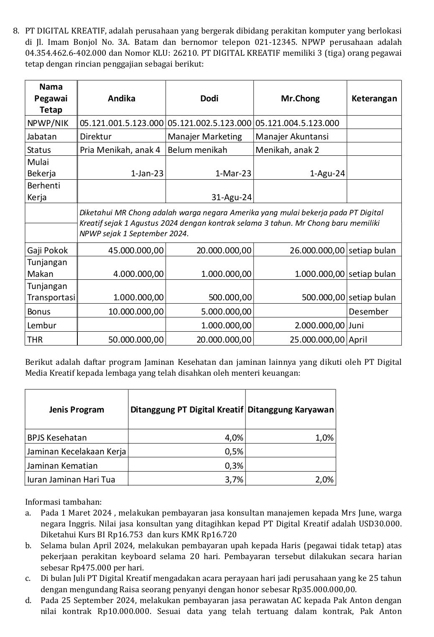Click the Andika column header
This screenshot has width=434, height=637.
(121, 98)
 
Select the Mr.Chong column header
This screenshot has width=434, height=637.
(300, 98)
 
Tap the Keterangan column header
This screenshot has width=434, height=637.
(374, 98)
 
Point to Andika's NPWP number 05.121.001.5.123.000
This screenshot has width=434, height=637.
(121, 123)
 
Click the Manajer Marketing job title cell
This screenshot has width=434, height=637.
(204, 137)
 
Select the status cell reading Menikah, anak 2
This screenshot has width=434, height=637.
(287, 150)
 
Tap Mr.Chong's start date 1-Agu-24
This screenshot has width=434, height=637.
(327, 173)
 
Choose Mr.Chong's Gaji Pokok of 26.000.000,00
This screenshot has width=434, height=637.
(317, 250)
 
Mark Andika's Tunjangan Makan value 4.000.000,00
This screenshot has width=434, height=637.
(138, 274)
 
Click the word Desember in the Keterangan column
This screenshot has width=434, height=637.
(368, 312)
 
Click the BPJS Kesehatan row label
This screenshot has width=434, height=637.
(57, 438)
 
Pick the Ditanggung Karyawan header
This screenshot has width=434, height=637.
(291, 410)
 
